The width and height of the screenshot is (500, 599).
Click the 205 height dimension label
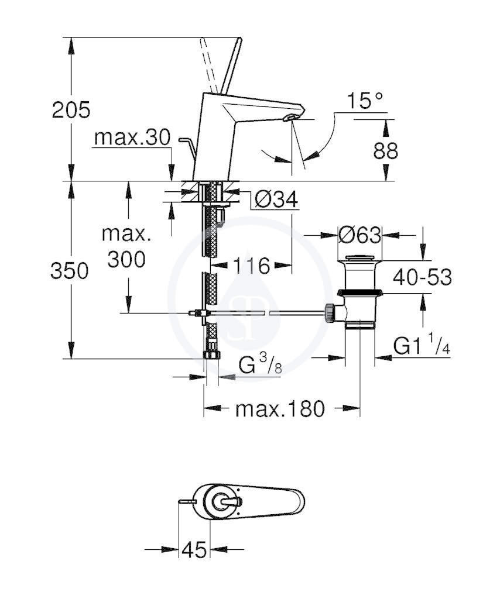[x=71, y=110]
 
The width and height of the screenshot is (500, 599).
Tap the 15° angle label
[x=365, y=101]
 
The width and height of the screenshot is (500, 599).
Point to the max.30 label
[x=132, y=137]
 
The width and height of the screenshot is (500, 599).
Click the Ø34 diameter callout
[x=276, y=199]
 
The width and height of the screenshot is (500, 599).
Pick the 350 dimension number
[x=70, y=271]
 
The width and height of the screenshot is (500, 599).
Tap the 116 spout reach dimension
[x=251, y=266]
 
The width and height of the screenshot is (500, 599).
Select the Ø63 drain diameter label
[x=359, y=235]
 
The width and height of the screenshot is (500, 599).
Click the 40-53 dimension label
[x=422, y=277]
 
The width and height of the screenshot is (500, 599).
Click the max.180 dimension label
[x=280, y=409]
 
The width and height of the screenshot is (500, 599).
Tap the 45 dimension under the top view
[x=194, y=550]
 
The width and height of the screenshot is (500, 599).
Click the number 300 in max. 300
[x=126, y=260]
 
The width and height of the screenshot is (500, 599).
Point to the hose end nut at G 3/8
[x=211, y=354]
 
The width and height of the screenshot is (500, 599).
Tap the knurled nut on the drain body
[x=328, y=312]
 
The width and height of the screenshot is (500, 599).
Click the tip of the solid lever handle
[x=241, y=38]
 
